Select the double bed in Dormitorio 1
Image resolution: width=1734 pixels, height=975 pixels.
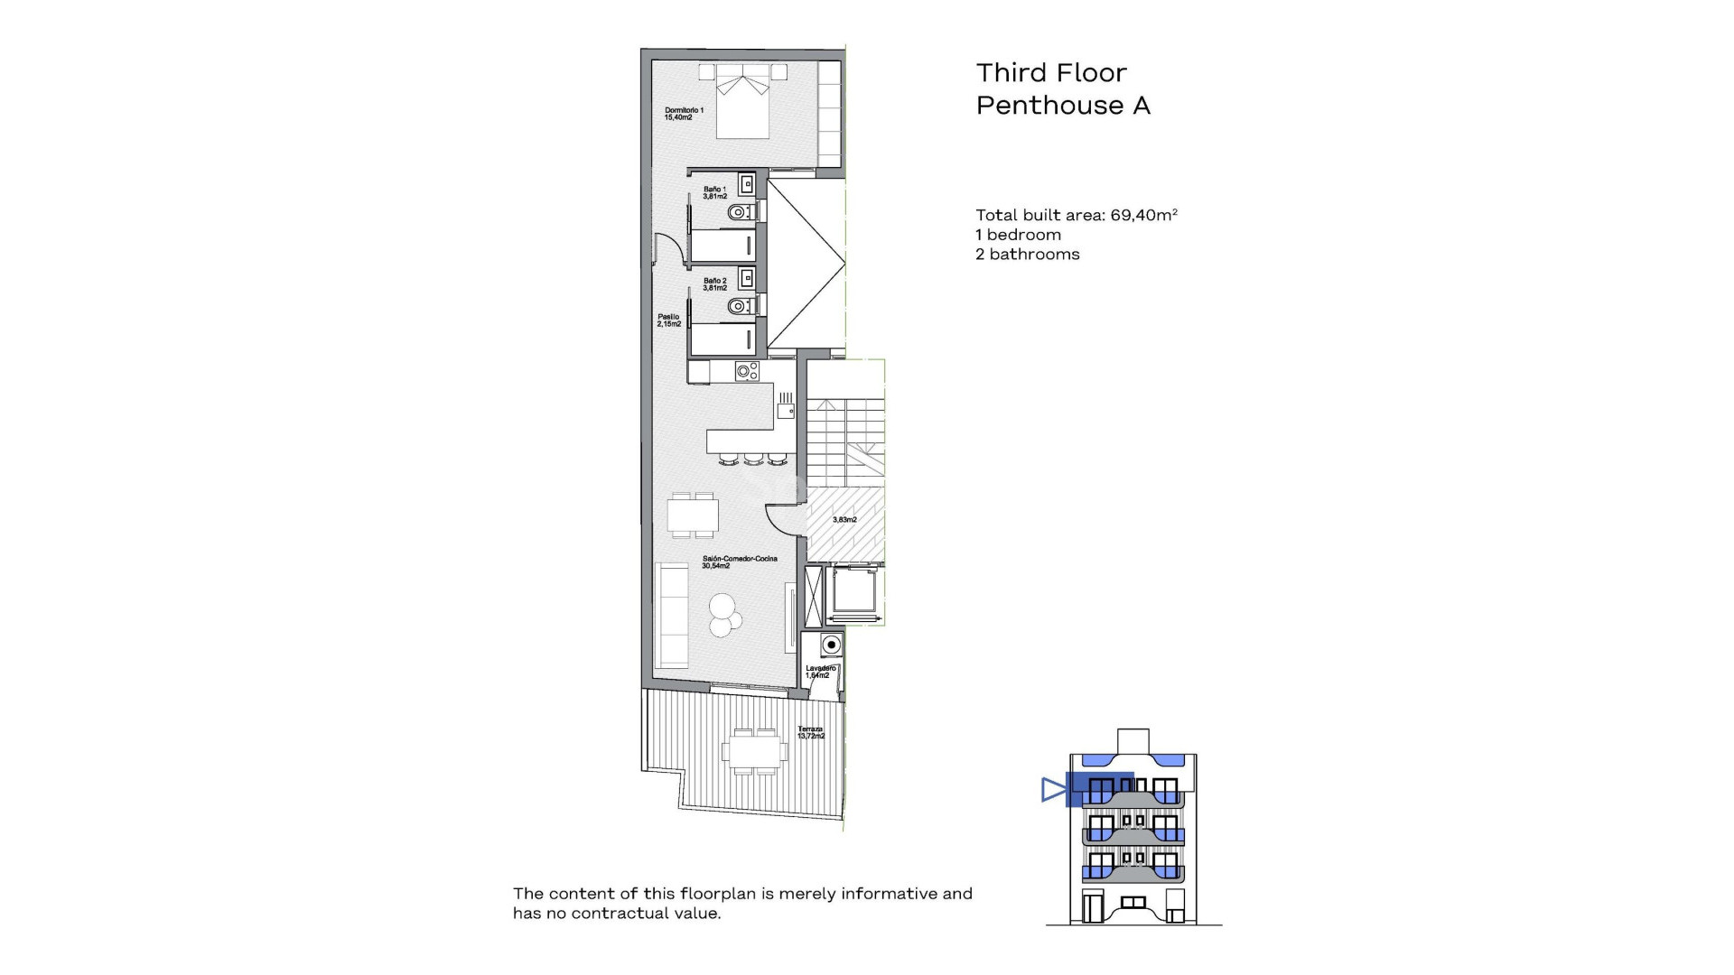click(743, 101)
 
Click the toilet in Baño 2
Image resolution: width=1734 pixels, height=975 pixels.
click(740, 306)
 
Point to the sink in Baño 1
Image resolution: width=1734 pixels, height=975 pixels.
click(747, 184)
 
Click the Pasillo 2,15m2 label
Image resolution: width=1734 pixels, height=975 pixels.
click(668, 320)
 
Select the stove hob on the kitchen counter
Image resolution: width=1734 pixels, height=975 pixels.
click(747, 370)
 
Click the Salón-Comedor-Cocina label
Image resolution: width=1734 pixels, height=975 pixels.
click(739, 562)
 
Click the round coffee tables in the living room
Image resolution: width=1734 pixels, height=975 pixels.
click(724, 614)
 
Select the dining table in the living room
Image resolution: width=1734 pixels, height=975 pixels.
click(693, 515)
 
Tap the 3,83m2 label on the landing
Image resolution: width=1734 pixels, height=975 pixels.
click(844, 520)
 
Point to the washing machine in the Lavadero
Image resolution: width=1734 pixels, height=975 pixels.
click(830, 645)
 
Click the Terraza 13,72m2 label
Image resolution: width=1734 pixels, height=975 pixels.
click(810, 732)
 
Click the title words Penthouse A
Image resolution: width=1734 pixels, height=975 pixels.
click(1063, 106)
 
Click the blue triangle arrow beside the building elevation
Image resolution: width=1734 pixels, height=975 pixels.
click(1052, 790)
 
